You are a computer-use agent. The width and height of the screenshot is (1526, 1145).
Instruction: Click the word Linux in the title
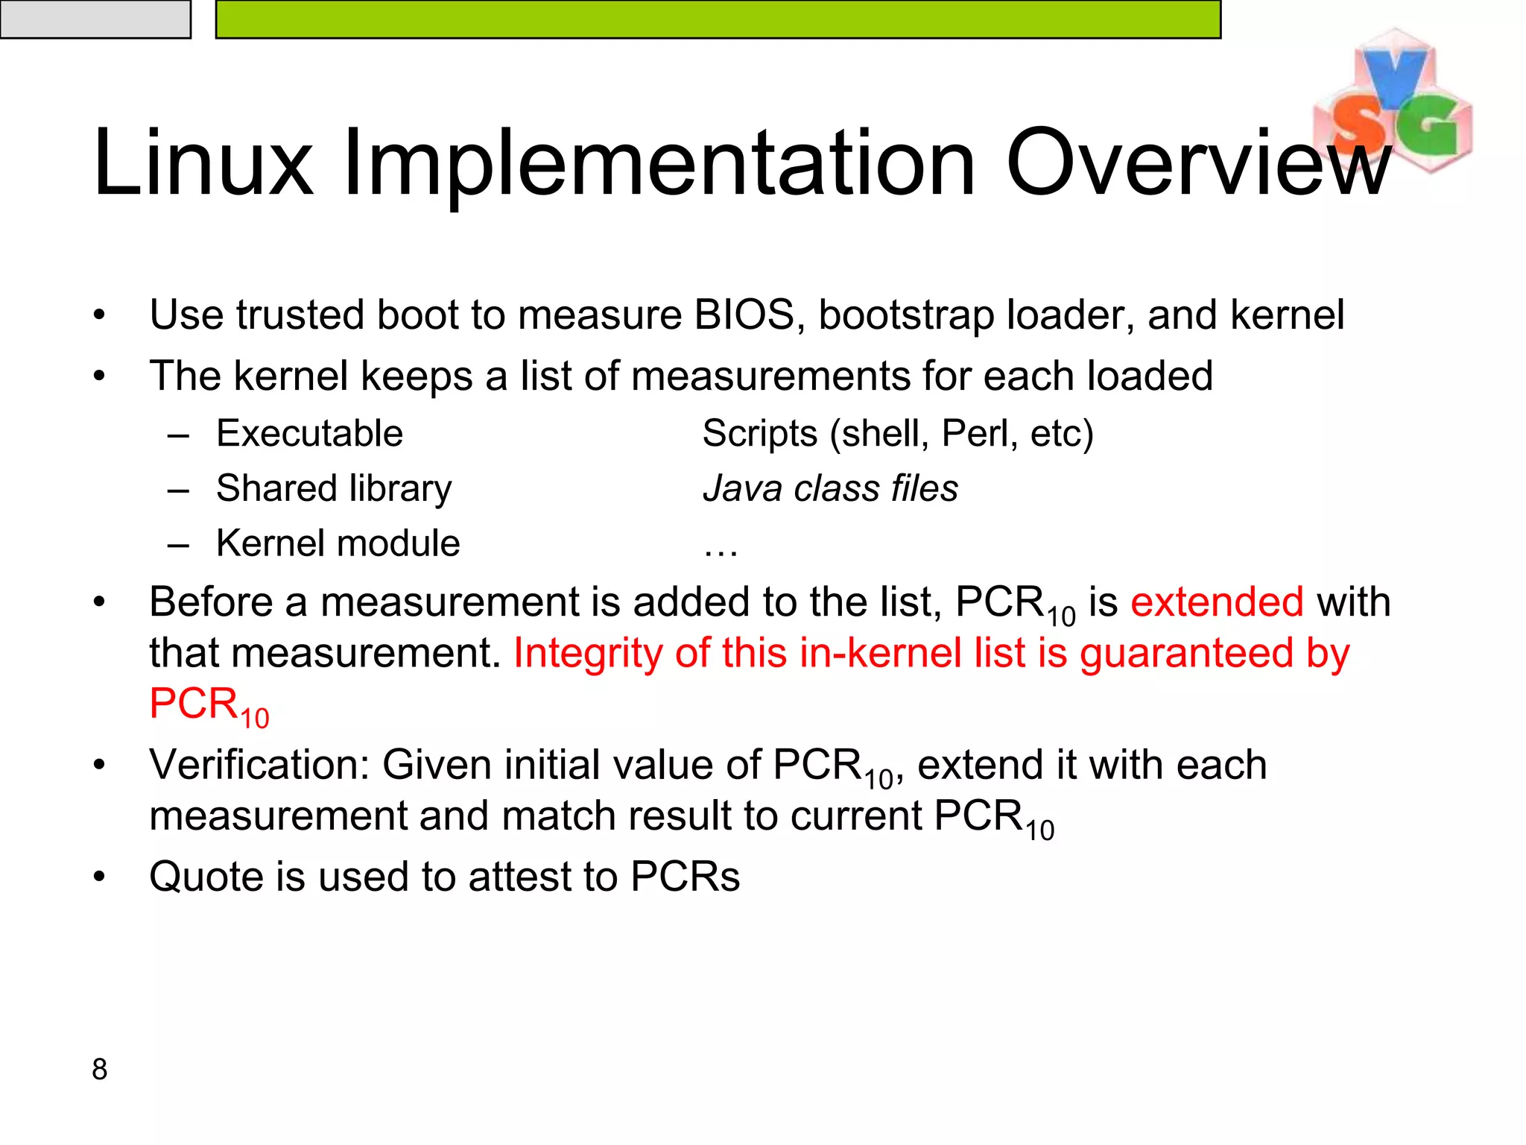[x=203, y=163]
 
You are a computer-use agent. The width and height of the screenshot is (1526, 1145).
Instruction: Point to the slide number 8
[x=100, y=1069]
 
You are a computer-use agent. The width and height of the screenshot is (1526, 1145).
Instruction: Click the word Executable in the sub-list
[x=309, y=433]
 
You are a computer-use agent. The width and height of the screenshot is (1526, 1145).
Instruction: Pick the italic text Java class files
[x=830, y=488]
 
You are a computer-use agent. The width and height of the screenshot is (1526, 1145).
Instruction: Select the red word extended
[x=1217, y=602]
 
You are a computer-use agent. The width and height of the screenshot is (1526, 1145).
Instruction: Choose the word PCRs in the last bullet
[x=685, y=876]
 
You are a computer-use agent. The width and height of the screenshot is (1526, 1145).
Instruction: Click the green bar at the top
[x=718, y=19]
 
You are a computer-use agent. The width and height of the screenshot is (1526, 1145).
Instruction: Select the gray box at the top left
[x=95, y=19]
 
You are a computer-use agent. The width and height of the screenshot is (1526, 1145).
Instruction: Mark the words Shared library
[x=334, y=488]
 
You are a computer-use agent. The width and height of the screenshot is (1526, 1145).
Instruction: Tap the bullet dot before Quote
[x=100, y=877]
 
